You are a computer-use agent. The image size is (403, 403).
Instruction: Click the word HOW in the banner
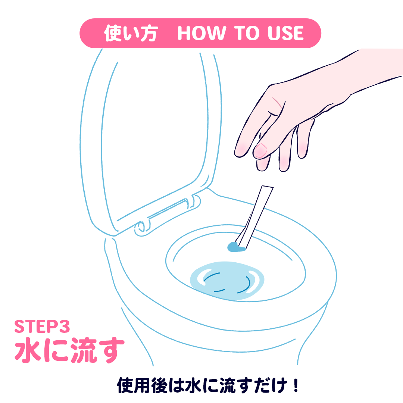pyautogui.click(x=201, y=33)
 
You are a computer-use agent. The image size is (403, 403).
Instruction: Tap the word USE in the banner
pyautogui.click(x=285, y=33)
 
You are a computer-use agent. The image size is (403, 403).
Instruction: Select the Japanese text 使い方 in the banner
pyautogui.click(x=131, y=33)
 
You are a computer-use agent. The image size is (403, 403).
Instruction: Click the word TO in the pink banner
pyautogui.click(x=247, y=33)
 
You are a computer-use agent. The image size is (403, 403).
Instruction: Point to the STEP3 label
pyautogui.click(x=42, y=327)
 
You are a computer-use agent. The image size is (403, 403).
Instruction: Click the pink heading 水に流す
pyautogui.click(x=70, y=350)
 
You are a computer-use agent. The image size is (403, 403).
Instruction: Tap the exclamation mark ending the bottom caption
pyautogui.click(x=296, y=385)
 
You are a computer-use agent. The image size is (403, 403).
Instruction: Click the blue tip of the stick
pyautogui.click(x=235, y=247)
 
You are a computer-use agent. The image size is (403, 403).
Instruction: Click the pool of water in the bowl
pyautogui.click(x=227, y=280)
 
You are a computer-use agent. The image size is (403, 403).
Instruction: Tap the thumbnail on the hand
pyautogui.click(x=261, y=150)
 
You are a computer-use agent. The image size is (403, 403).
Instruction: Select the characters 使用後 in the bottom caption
pyautogui.click(x=142, y=385)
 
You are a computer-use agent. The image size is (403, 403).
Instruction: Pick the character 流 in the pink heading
pyautogui.click(x=84, y=350)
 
